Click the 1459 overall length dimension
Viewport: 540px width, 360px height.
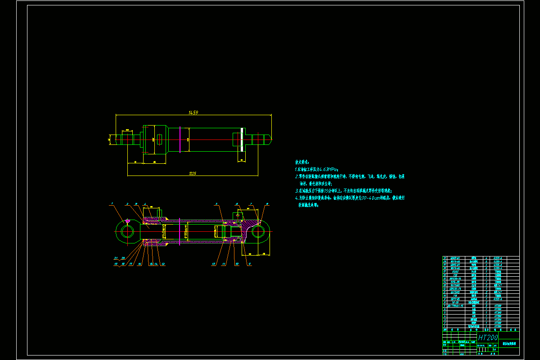pos(193,112)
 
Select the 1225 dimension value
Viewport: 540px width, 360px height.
pos(193,173)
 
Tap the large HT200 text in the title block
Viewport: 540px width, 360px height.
pos(488,337)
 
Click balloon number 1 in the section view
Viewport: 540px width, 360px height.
pos(112,204)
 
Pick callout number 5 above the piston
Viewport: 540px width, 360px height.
pos(216,204)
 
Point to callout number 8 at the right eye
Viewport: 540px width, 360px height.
pos(267,204)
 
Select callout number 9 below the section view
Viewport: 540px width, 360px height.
pos(249,264)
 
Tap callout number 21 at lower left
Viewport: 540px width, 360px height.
pos(116,258)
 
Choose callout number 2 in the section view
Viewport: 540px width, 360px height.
pos(127,204)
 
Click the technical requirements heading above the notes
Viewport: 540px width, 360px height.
pos(302,162)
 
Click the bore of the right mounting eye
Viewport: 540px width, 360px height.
pos(258,232)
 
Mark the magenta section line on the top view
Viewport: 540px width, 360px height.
pos(180,139)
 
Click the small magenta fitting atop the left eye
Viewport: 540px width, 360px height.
pos(128,221)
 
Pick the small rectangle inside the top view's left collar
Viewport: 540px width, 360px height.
pos(159,139)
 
